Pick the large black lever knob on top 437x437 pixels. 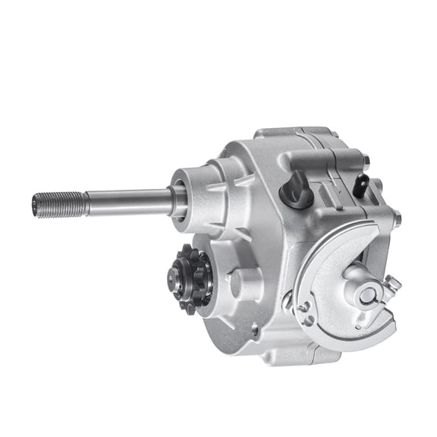(x=296, y=189)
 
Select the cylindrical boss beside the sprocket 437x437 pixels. (x=236, y=284)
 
